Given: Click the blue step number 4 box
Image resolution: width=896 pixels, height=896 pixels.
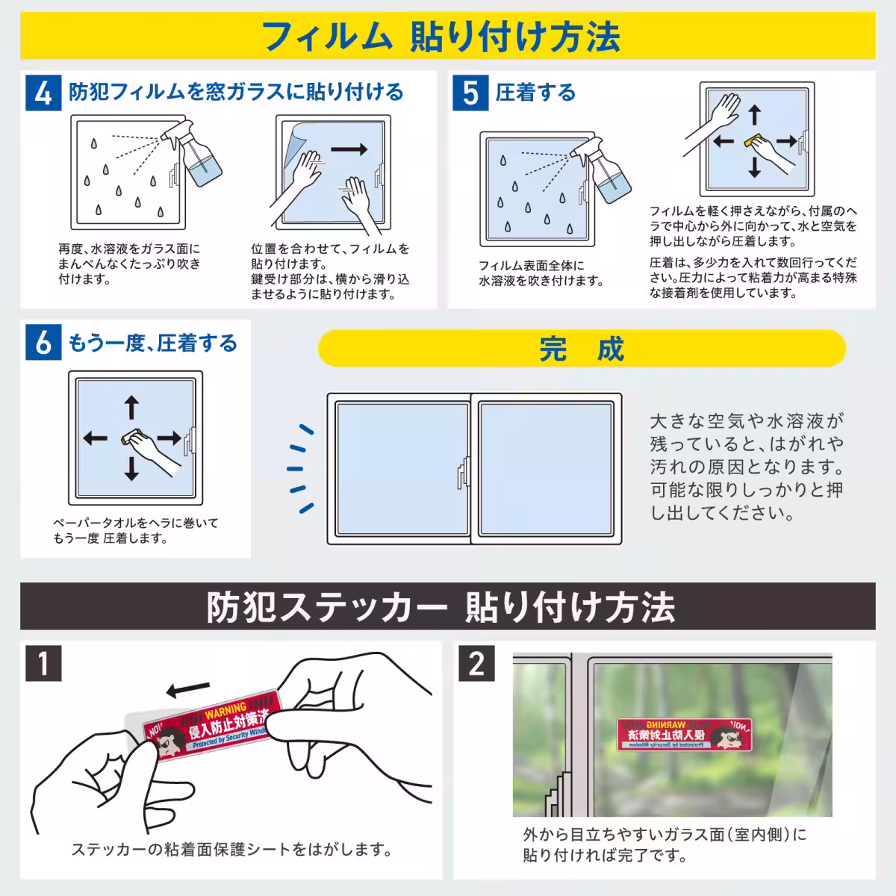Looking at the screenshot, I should (43, 93).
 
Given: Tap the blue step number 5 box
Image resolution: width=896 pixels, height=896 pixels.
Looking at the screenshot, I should (470, 93).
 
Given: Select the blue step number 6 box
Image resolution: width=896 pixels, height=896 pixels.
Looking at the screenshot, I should (43, 343).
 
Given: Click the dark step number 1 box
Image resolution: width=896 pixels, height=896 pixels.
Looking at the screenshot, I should (43, 662).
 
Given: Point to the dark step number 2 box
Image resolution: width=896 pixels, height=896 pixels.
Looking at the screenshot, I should (476, 662).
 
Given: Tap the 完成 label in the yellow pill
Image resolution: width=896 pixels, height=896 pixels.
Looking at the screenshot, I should (582, 349).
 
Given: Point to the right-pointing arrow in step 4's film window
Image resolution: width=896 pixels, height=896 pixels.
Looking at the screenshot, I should (349, 149).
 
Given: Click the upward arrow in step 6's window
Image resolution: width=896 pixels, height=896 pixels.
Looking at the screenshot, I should (131, 408).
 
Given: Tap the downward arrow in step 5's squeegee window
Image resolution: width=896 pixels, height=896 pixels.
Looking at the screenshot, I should (754, 167).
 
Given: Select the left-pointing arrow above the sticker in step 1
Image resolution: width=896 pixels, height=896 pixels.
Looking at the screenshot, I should (187, 686).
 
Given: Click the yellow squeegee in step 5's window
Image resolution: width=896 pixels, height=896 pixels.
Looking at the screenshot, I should (754, 140).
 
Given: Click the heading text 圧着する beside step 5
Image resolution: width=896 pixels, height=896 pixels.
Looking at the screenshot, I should (535, 93).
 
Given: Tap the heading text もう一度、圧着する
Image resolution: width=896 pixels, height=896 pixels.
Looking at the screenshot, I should (153, 343).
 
